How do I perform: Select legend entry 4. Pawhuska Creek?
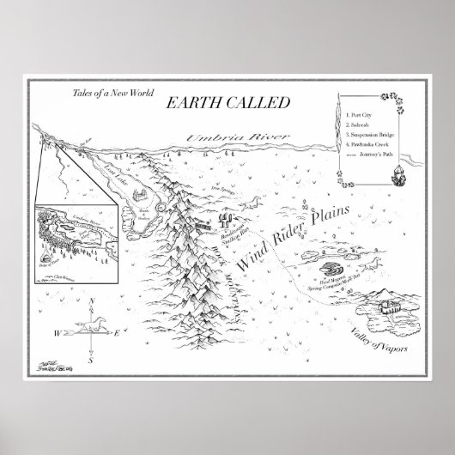click(x=367, y=143)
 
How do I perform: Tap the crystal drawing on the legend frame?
click(x=398, y=178)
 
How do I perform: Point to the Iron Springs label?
click(x=223, y=185)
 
